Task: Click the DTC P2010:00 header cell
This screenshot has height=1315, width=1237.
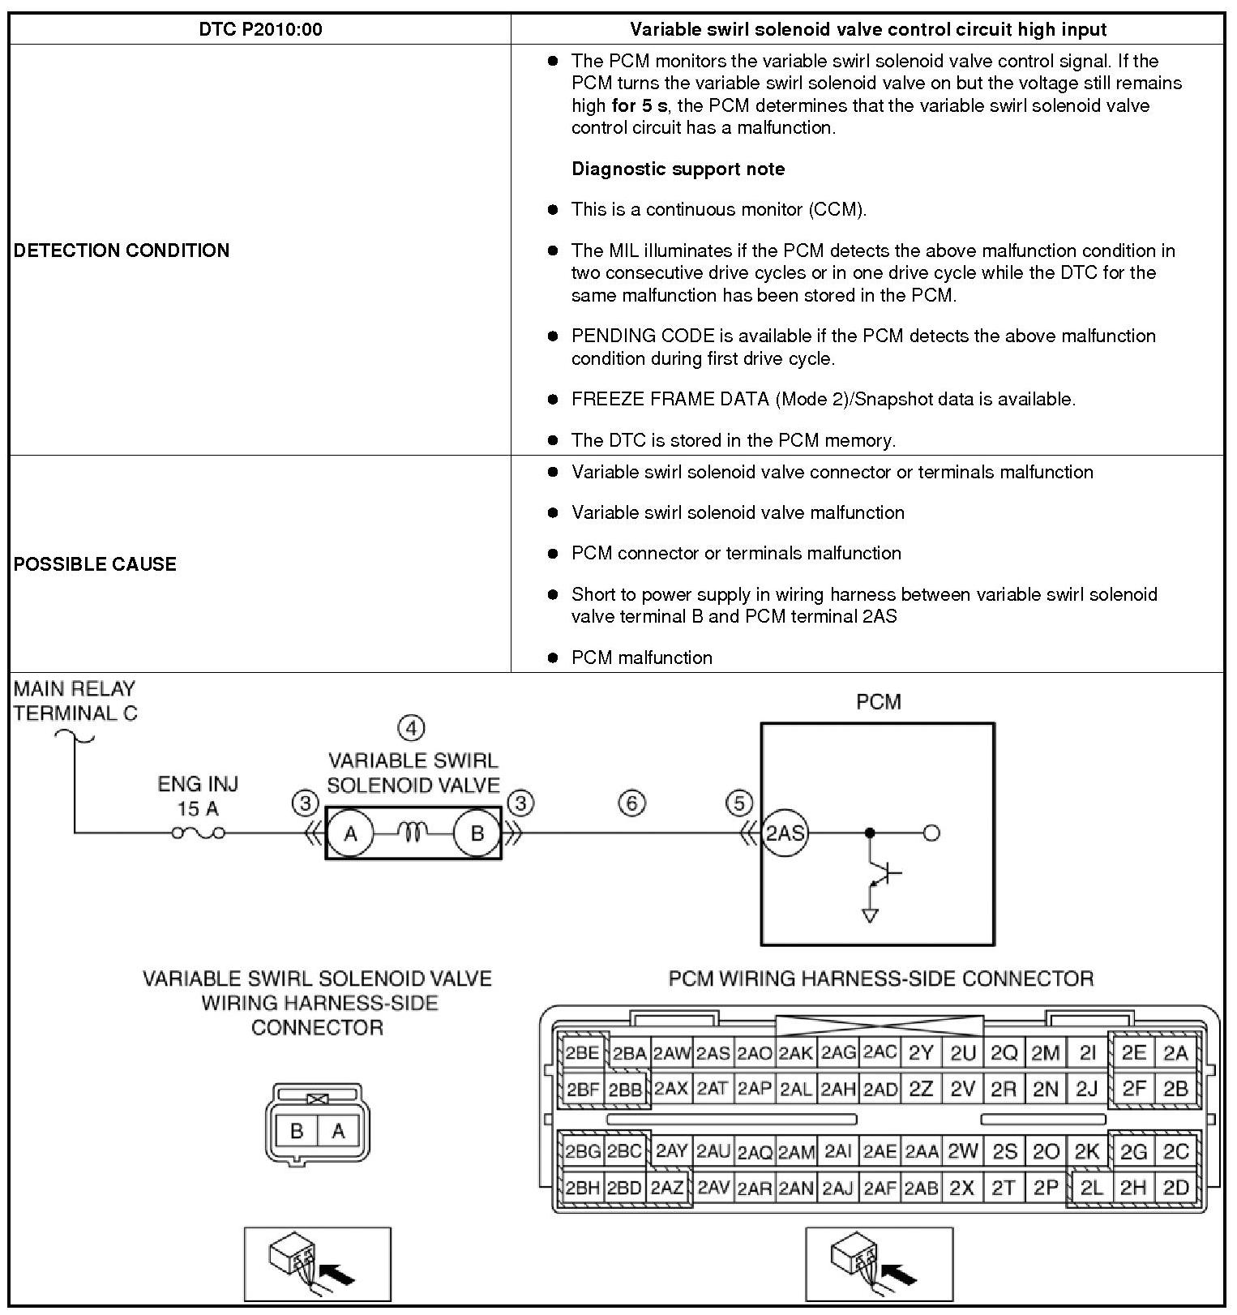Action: (x=260, y=30)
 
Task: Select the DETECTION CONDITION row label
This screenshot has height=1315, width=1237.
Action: (x=122, y=250)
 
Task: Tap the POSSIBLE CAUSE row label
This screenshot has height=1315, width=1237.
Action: (x=95, y=564)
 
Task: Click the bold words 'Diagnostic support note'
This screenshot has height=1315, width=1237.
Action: (x=678, y=169)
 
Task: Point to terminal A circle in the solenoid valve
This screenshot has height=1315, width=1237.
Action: (x=351, y=833)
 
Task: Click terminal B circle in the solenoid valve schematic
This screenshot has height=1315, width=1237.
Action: (x=477, y=833)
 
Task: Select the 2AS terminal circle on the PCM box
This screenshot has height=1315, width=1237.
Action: (x=785, y=833)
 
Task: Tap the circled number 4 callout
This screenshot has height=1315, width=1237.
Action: (x=412, y=728)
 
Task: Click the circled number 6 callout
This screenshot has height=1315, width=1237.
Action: (x=632, y=803)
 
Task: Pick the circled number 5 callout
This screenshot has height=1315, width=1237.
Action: (x=738, y=803)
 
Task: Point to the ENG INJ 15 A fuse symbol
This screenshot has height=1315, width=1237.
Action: (x=199, y=833)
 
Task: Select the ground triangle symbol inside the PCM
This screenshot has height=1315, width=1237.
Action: (x=871, y=915)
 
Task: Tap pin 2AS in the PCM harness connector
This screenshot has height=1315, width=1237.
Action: (x=713, y=1053)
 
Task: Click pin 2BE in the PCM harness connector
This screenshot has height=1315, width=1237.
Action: (x=583, y=1053)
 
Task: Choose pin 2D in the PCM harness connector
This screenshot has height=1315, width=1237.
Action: (x=1175, y=1189)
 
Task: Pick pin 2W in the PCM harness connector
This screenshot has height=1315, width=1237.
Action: (x=963, y=1150)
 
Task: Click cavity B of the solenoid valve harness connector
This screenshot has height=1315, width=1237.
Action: (x=297, y=1130)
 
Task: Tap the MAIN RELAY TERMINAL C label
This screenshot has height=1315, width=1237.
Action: (x=75, y=700)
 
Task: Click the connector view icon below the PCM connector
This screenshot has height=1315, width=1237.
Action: (x=879, y=1264)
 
